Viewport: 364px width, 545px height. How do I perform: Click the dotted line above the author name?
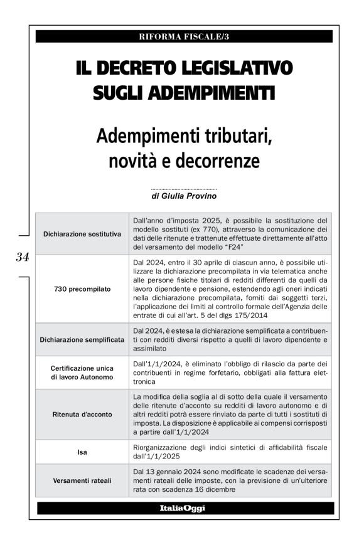click(184, 189)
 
